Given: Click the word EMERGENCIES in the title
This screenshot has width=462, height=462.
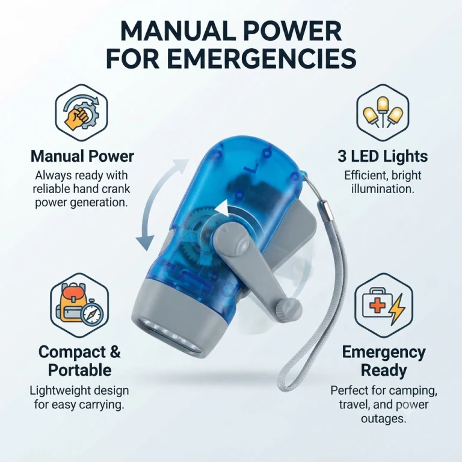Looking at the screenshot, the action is click(262, 58).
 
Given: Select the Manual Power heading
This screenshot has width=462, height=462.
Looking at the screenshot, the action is click(82, 156).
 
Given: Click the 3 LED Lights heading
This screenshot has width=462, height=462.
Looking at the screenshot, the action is click(383, 156).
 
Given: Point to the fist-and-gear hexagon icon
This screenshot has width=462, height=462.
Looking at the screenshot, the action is click(82, 112).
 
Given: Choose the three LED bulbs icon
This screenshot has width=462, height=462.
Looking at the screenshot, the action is click(383, 113).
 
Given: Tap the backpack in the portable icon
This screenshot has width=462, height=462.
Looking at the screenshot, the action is click(72, 303).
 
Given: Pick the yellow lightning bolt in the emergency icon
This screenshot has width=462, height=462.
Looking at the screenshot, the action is click(397, 310).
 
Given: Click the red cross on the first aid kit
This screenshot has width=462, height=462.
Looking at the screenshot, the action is click(377, 306).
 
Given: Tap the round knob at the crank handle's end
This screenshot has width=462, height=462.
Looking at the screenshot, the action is click(289, 309).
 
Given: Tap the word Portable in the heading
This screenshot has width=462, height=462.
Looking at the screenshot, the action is click(79, 370).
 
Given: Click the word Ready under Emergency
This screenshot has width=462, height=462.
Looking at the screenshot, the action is click(384, 370).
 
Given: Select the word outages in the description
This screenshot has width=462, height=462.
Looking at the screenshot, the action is click(384, 419).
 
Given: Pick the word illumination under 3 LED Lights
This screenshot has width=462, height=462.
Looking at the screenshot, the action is click(383, 189).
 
